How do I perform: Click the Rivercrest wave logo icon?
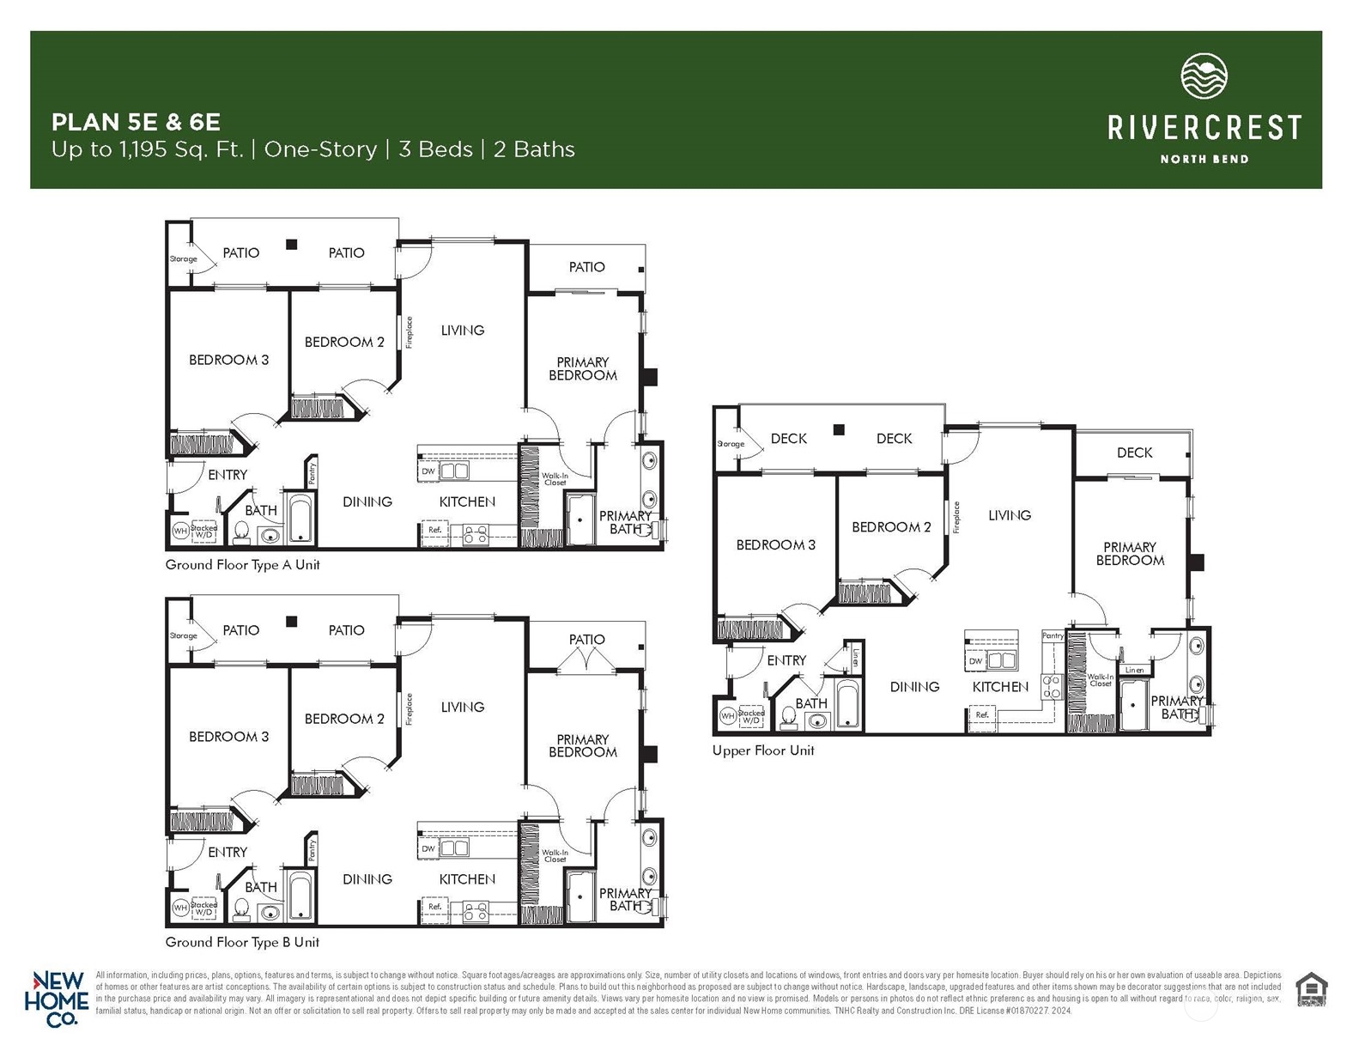point(1204,77)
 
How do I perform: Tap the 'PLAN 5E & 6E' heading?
point(137,121)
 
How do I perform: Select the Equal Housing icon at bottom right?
point(1310,988)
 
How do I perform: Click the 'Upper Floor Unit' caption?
point(762,750)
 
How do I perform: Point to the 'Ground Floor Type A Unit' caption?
point(242,565)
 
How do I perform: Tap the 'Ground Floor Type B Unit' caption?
point(242,942)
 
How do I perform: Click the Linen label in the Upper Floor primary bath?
point(1133,670)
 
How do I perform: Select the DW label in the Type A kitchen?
point(428,471)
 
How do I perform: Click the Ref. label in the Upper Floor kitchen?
point(982,714)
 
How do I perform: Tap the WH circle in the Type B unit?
point(180,908)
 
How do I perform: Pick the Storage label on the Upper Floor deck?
point(731,444)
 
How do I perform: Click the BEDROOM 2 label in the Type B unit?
point(344,719)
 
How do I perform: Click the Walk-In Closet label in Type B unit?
point(555,855)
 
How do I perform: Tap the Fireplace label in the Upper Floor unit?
point(956,518)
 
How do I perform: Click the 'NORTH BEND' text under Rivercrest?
point(1204,159)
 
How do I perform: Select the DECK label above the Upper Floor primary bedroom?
point(1134,453)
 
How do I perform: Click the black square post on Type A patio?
point(292,245)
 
